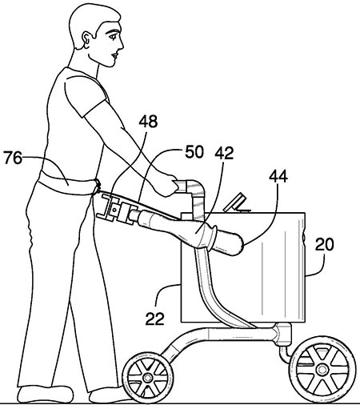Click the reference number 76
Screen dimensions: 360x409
[13, 158]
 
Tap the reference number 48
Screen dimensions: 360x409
[148, 122]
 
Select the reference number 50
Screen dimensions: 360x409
[194, 152]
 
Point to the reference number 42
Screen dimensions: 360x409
[225, 153]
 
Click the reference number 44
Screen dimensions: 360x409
[278, 176]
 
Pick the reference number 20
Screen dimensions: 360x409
[324, 244]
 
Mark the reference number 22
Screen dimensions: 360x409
[155, 319]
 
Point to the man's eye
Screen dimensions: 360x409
[113, 35]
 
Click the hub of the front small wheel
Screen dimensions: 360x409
[147, 377]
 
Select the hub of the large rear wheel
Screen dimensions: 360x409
[322, 370]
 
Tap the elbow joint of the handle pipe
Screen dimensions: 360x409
[195, 186]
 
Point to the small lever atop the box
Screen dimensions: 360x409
[237, 202]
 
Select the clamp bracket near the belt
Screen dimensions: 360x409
[115, 209]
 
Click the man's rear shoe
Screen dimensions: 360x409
[46, 395]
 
